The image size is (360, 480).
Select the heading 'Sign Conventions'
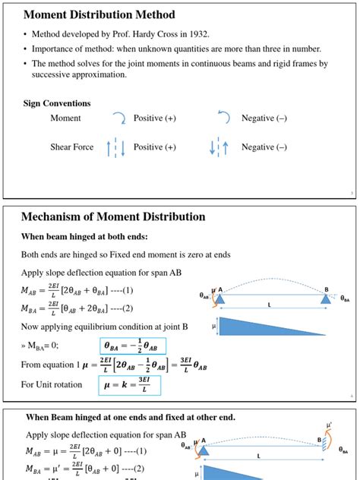pos(57,103)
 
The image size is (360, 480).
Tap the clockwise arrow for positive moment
pos(119,118)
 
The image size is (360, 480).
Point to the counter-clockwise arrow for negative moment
pos(223,118)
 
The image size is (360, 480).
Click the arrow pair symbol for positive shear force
pos(116,147)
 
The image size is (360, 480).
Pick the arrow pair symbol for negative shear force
pos(219,147)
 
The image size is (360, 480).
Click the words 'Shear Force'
pos(72,147)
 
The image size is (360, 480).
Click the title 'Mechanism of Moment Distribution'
pos(113,216)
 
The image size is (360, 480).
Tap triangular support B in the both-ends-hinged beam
pos(325,298)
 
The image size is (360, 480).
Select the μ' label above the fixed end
pos(328,425)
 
